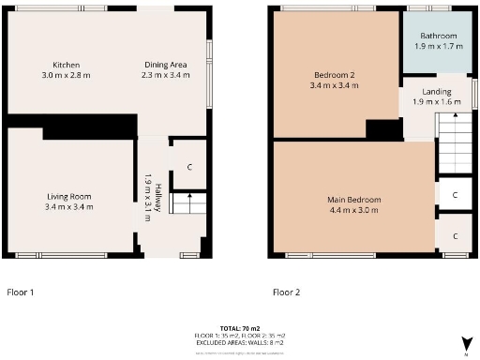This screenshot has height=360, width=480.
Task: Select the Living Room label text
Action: coord(68,196)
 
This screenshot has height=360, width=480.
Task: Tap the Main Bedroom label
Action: coord(353,200)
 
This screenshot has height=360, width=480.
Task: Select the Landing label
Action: coord(437,91)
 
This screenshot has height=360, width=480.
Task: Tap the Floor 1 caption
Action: coord(21,292)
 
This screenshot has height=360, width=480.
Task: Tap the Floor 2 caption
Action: coord(286,292)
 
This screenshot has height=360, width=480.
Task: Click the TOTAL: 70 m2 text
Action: coord(240,321)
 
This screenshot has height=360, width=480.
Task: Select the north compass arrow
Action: coord(464,342)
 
